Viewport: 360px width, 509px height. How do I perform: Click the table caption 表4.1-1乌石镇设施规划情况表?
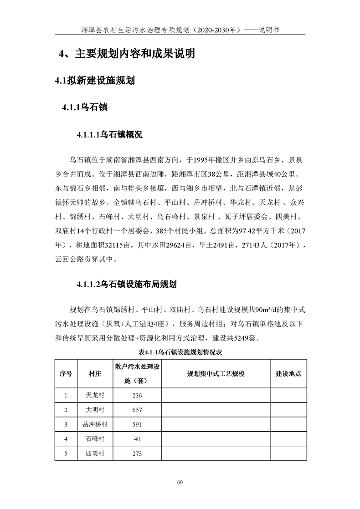click(x=180, y=352)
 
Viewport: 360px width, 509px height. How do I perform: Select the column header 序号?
click(x=66, y=373)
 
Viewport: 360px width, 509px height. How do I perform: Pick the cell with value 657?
click(x=137, y=410)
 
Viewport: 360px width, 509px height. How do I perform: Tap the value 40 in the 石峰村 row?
click(x=137, y=439)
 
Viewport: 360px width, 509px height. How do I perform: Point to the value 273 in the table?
click(x=137, y=453)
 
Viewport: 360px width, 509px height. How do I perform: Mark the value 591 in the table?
click(x=137, y=424)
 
